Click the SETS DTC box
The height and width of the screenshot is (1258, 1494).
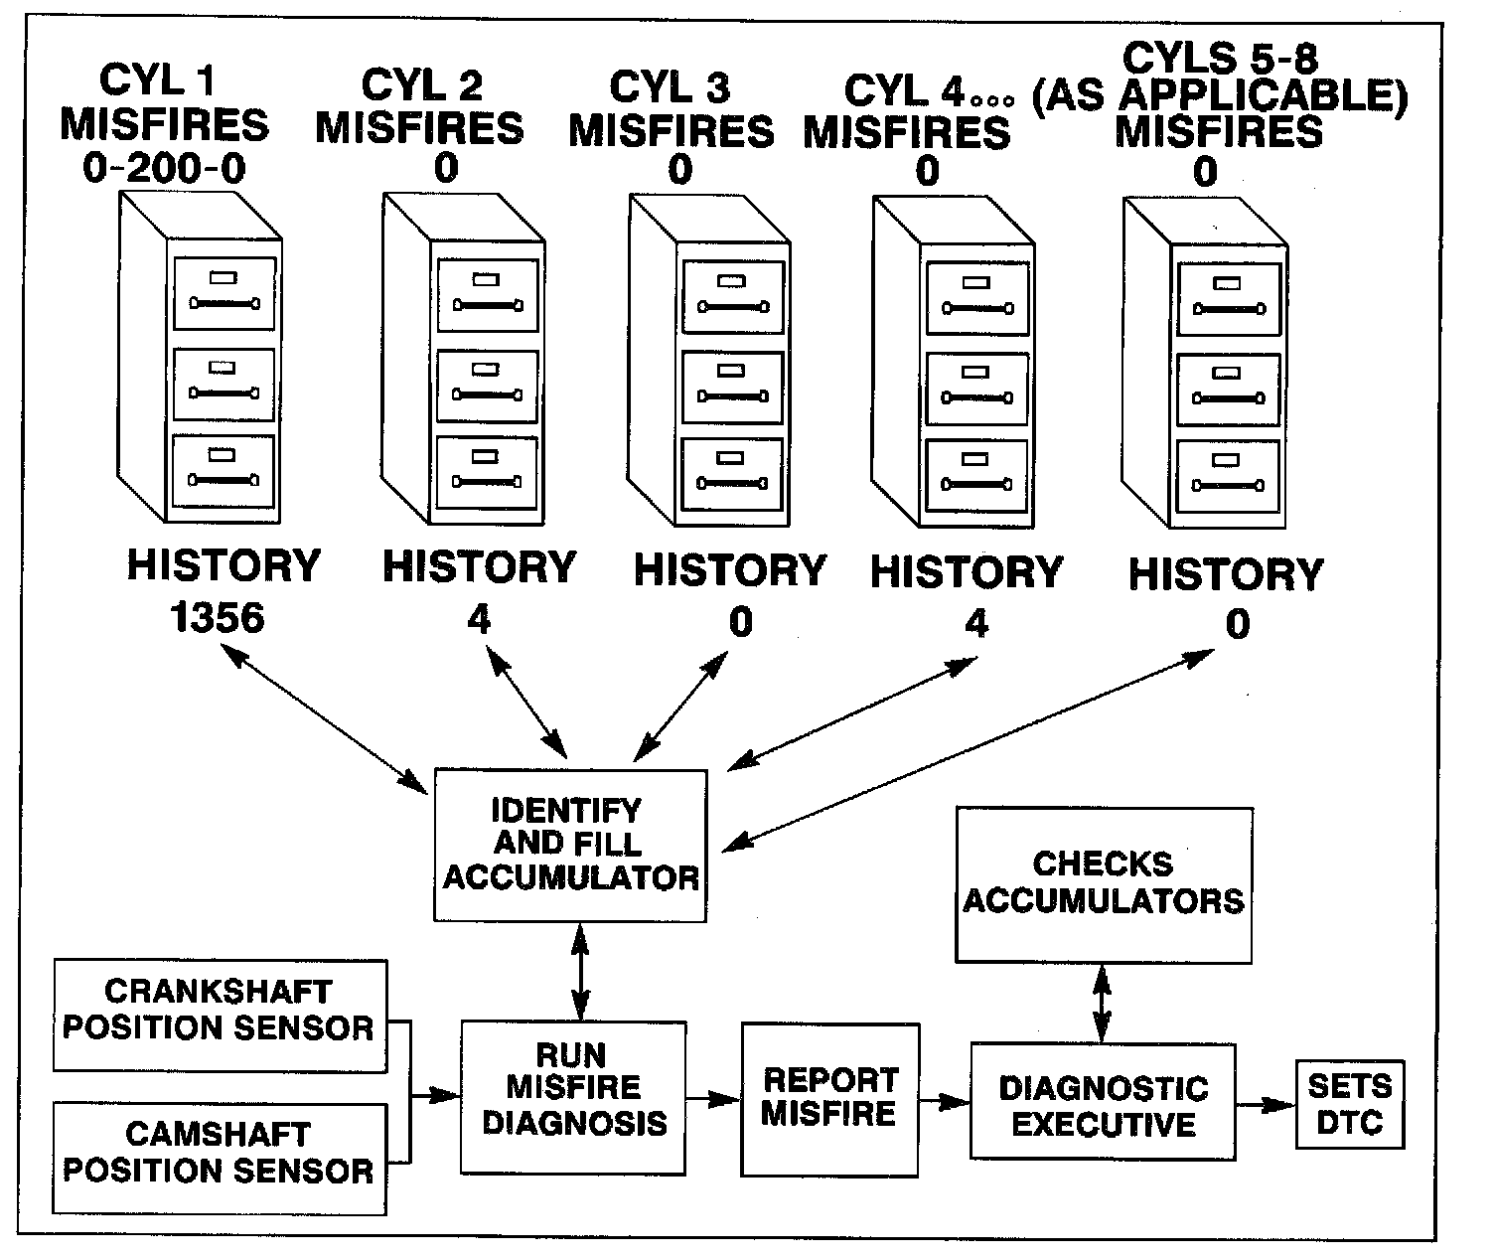(1350, 1104)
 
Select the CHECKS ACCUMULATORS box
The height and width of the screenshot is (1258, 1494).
(1103, 883)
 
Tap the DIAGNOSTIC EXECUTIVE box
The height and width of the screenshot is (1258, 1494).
(1103, 1101)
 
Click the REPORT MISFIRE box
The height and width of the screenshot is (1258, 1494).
(829, 1099)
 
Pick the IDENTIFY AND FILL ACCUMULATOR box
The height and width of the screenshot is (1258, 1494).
(570, 845)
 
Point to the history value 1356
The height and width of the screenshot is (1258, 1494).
(218, 618)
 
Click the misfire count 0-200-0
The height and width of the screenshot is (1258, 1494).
(164, 169)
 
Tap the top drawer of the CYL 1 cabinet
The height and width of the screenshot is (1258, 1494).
(224, 293)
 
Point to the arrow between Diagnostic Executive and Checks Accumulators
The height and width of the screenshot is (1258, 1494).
(1102, 1003)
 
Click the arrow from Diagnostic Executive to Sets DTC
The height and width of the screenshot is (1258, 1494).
(1266, 1104)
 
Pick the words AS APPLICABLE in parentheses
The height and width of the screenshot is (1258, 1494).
(1220, 96)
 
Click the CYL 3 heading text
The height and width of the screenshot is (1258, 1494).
(670, 87)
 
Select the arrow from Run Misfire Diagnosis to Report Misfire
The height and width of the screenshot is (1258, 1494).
(713, 1099)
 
